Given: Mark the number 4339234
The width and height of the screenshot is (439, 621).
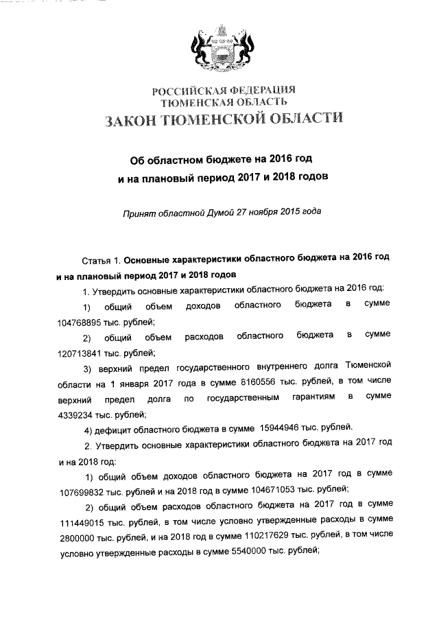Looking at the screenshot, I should pyautogui.click(x=77, y=414).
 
